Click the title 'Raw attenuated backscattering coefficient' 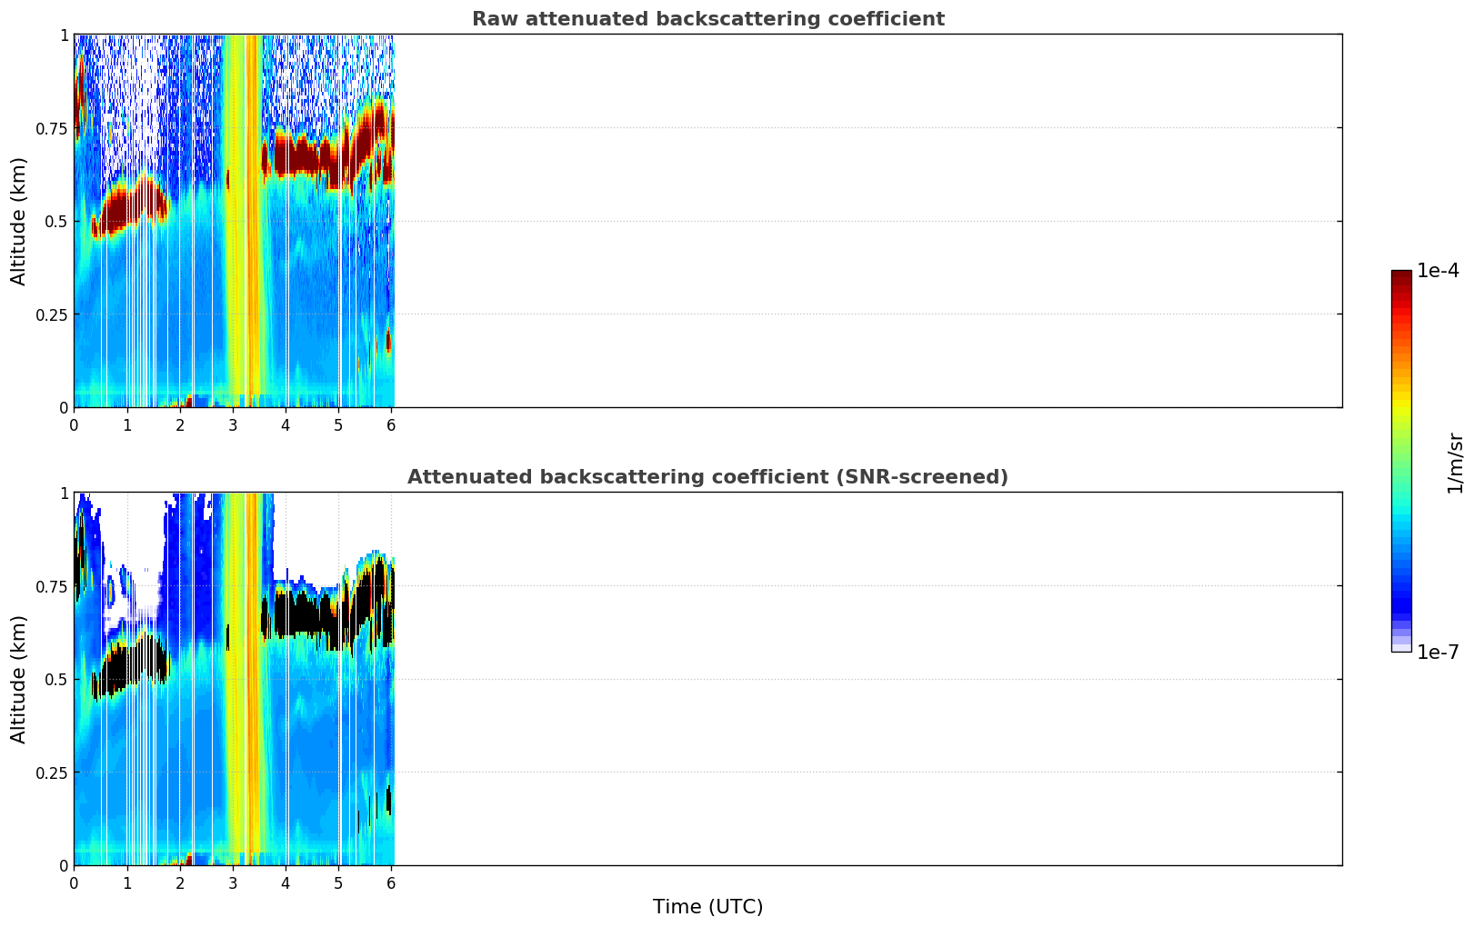(708, 18)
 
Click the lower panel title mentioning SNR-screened (708, 476)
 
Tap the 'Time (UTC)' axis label (708, 907)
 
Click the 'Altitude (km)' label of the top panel (18, 222)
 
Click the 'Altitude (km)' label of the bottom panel (18, 679)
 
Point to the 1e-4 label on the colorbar (1438, 270)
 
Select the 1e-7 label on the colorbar (1438, 653)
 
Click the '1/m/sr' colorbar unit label (1455, 463)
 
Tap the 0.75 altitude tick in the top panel (52, 128)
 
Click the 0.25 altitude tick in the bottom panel (52, 772)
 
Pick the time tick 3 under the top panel (232, 424)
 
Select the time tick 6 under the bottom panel (391, 883)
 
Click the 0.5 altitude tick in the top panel (56, 222)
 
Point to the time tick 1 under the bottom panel (127, 883)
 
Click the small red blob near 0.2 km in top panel (388, 341)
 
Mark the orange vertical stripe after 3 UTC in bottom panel (253, 679)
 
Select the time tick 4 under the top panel (285, 424)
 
